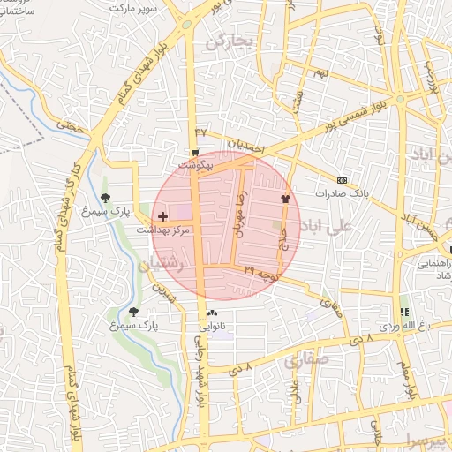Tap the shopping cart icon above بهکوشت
point(195,152)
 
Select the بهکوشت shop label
point(196,165)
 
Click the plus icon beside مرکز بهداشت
point(162,215)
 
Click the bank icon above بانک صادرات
point(343,179)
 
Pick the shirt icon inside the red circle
point(285,199)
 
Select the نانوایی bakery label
point(213,326)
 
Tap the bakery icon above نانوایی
point(212,313)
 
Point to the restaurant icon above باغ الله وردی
point(404,312)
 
